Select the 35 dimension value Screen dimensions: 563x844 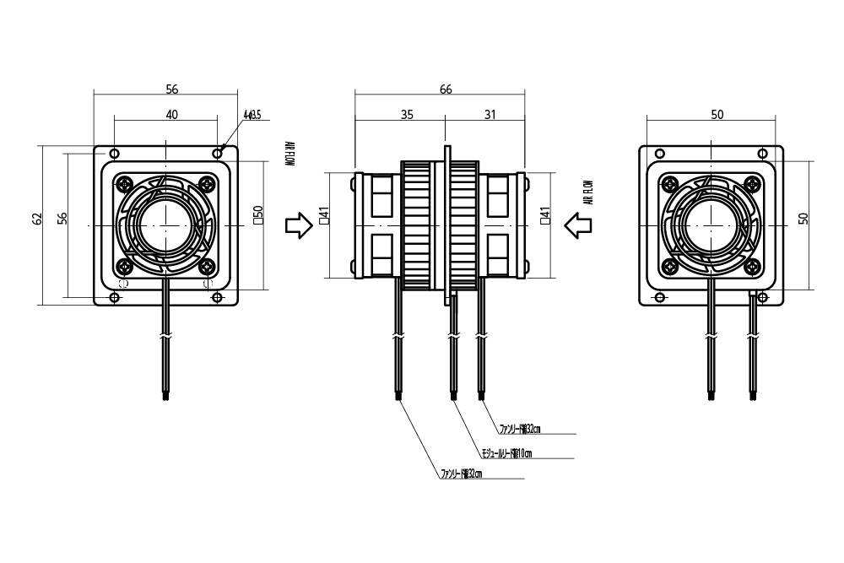click(406, 116)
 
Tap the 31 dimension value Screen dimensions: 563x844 click(490, 116)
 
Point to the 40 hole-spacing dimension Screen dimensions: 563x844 click(171, 116)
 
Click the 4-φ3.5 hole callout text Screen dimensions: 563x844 click(252, 114)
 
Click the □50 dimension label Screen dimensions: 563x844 click(259, 219)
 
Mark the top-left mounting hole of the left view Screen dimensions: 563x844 click(114, 154)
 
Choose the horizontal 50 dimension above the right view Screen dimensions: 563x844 click(717, 116)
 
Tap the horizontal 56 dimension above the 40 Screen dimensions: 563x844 click(171, 89)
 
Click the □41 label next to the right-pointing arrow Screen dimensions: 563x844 click(323, 219)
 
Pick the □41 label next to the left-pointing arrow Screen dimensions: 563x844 click(546, 219)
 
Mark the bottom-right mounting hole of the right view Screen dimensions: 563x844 click(763, 297)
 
